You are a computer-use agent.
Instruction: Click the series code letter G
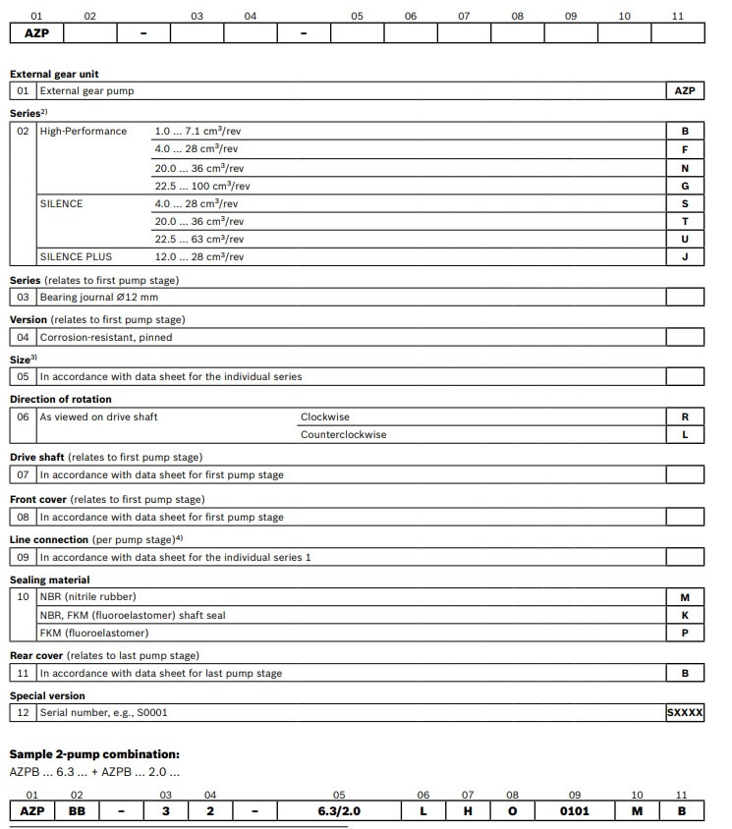[x=685, y=186]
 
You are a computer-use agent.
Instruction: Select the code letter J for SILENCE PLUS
[x=685, y=257]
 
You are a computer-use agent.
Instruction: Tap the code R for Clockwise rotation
[x=685, y=416]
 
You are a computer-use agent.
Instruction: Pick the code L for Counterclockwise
[x=685, y=434]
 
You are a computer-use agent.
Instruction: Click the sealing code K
[x=685, y=615]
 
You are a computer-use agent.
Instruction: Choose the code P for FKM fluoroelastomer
[x=685, y=634]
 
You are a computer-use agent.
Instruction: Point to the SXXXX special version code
[x=685, y=713]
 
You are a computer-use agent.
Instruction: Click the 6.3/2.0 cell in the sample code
[x=339, y=811]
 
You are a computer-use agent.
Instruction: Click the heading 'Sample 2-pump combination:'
[x=94, y=753]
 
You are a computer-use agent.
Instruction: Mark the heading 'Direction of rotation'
[x=61, y=399]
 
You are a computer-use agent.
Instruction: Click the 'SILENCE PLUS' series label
[x=76, y=257]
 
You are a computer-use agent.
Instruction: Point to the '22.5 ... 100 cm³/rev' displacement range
[x=202, y=186]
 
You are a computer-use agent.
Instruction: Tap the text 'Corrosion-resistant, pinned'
[x=106, y=337]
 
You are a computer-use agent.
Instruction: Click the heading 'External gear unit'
[x=54, y=74]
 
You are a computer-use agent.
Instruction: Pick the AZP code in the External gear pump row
[x=685, y=90]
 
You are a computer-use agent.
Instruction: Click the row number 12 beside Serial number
[x=23, y=713]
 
